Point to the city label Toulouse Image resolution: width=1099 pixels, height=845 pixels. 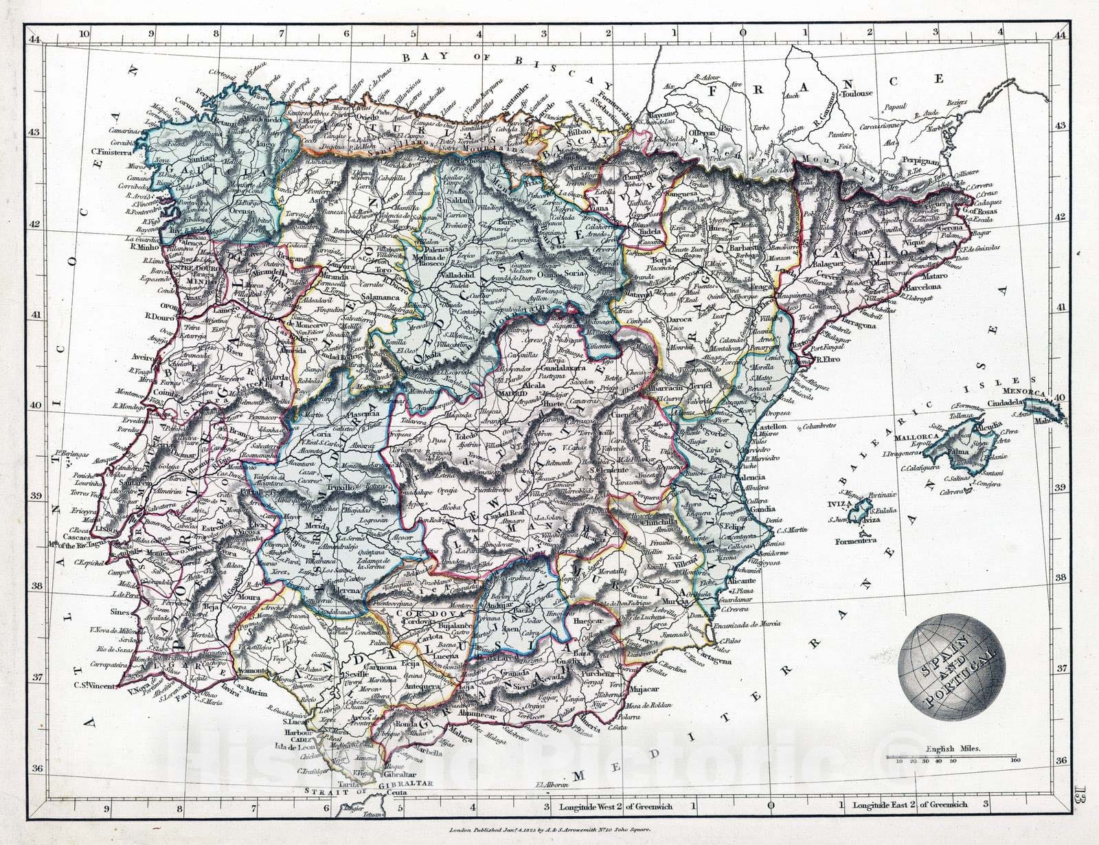[856, 93]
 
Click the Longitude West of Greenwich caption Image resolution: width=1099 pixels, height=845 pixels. [615, 806]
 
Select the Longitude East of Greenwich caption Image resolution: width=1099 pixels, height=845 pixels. [909, 804]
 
